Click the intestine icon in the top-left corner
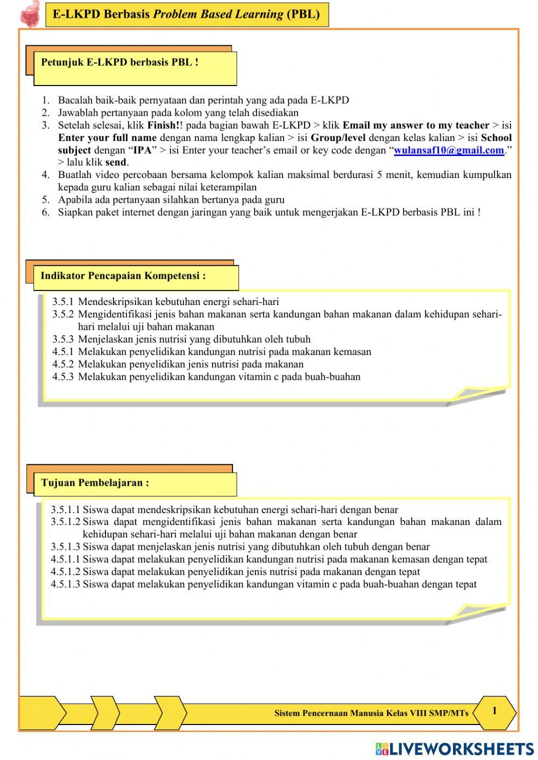coord(30,14)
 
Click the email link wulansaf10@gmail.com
coord(449,151)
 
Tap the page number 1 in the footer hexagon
coord(494,711)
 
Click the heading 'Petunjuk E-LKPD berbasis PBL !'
coord(120,62)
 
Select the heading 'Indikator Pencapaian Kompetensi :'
coord(123,276)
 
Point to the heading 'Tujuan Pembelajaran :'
coord(95,482)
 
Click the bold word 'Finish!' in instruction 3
coord(164,125)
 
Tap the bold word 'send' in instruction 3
coord(116,162)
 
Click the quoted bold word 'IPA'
coord(143,151)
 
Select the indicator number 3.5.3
coord(63,339)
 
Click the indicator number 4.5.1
coord(63,352)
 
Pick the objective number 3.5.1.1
coord(65,510)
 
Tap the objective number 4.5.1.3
coord(65,584)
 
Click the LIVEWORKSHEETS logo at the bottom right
coord(455,749)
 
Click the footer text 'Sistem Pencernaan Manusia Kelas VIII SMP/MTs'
coord(371,713)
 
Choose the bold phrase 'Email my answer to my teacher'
coord(416,125)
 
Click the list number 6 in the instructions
coord(46,212)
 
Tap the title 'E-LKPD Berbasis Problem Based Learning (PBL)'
coord(186,15)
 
